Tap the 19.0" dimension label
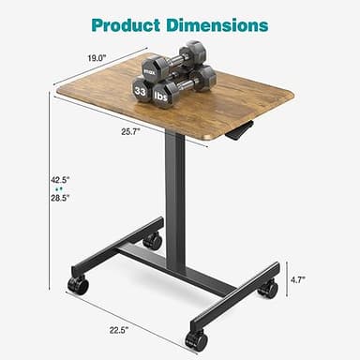pyautogui.click(x=97, y=57)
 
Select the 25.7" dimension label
pyautogui.click(x=130, y=132)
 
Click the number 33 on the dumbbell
pyautogui.click(x=140, y=91)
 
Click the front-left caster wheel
pyautogui.click(x=80, y=285)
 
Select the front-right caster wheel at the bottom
pyautogui.click(x=197, y=339)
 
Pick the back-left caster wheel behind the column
pyautogui.click(x=152, y=240)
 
